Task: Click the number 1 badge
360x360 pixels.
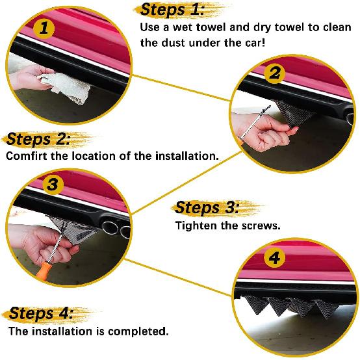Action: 44,29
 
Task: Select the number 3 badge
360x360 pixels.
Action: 53,185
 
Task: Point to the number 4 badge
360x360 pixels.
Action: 276,259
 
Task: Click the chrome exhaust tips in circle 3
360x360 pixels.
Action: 116,230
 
